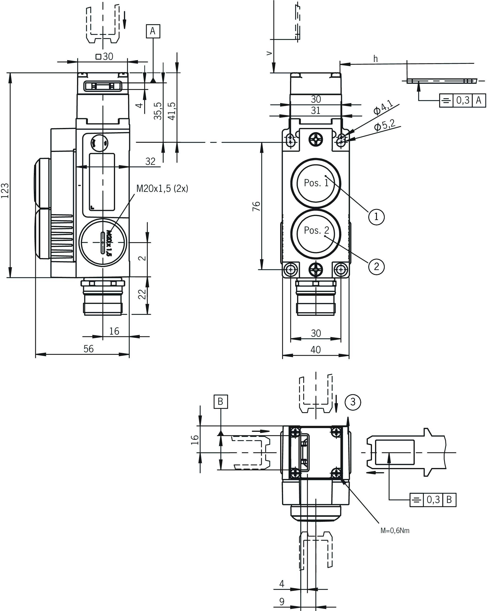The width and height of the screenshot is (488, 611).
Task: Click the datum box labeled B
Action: pos(221,401)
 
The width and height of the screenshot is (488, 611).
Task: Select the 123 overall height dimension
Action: pos(5,190)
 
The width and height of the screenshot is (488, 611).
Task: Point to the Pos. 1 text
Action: pos(316,183)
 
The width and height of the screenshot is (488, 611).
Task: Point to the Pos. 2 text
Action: pos(316,230)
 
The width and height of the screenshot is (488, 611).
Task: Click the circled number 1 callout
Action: pos(376,217)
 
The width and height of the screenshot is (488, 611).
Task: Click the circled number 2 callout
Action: pos(376,266)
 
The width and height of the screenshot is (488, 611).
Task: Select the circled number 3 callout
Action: pos(352,402)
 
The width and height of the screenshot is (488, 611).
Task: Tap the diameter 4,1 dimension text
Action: pos(383,107)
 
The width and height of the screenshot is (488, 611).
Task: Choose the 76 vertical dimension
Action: pos(256,206)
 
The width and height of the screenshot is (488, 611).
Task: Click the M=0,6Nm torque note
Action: pos(395,530)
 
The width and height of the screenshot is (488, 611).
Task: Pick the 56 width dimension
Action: pos(89,348)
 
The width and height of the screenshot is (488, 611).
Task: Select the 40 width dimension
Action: pos(315,349)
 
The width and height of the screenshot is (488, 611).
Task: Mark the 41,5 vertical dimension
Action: pos(172,111)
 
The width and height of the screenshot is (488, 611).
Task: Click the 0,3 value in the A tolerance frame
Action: pos(462,100)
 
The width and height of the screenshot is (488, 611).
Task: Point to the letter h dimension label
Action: pos(376,59)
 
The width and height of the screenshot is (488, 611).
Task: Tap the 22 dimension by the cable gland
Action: pos(142,294)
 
